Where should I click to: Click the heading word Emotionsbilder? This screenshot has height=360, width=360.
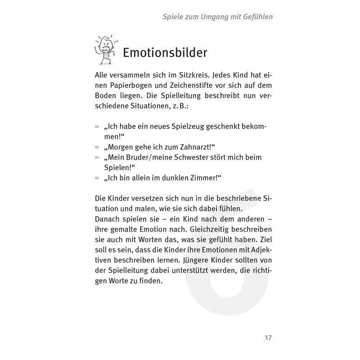click(165, 53)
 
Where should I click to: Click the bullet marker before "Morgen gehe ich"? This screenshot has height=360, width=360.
click(97, 147)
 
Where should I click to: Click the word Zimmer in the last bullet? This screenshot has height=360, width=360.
click(205, 178)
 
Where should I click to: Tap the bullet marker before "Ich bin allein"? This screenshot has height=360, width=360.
click(97, 178)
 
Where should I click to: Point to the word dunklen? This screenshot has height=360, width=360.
click(178, 178)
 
